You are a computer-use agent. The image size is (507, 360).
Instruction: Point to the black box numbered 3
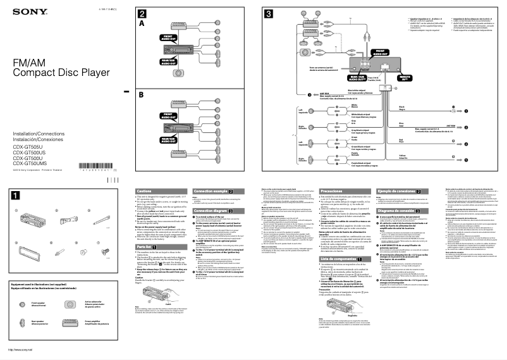click(269, 13)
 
